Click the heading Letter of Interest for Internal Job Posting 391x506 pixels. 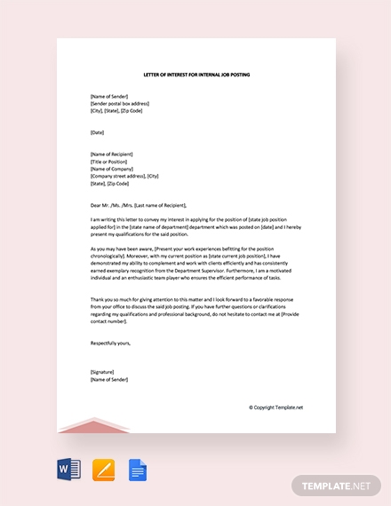(196, 75)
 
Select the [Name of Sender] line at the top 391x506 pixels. (109, 97)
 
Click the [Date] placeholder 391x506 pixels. (97, 132)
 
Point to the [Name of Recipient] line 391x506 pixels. (112, 154)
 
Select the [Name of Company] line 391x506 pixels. (111, 169)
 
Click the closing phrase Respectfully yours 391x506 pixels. (110, 342)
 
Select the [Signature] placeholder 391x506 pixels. (103, 371)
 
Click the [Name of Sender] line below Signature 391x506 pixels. (109, 378)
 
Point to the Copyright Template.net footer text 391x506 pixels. (275, 407)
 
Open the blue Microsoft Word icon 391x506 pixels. (69, 469)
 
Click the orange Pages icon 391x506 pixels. (104, 469)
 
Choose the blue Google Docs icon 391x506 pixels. (137, 469)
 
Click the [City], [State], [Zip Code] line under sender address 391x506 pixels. (116, 111)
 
